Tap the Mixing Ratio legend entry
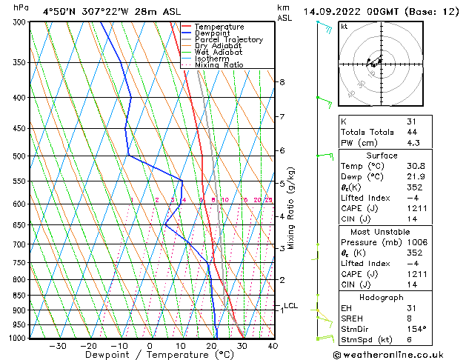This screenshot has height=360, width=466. [x=219, y=64]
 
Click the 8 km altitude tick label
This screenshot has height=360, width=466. [x=282, y=81]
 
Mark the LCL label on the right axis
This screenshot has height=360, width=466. [x=291, y=305]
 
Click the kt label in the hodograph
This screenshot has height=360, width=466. [x=344, y=26]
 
